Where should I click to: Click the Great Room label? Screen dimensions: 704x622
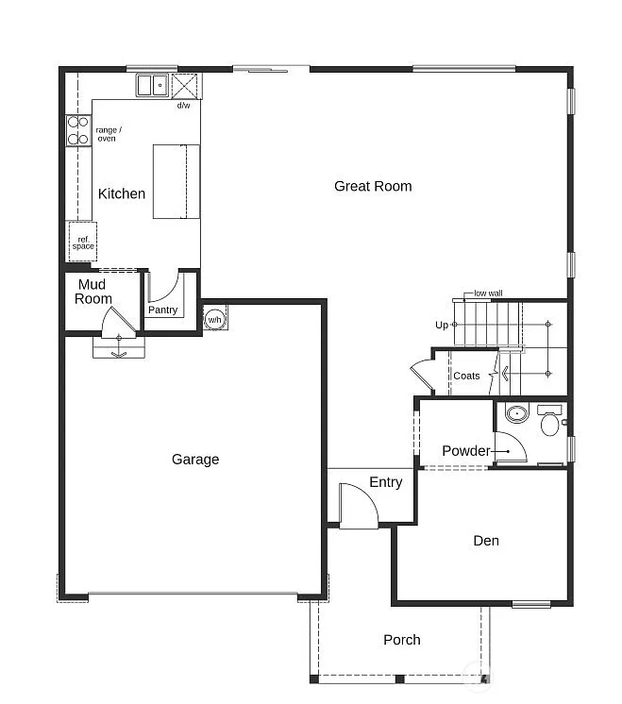point(373,186)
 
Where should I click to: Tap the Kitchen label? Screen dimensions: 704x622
point(122,193)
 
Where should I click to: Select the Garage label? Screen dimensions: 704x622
point(195,460)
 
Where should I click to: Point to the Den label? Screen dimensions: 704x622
point(486,541)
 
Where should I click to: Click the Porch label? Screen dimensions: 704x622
point(402,640)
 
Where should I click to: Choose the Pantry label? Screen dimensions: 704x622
point(162,310)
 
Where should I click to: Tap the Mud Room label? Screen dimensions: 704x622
point(93,292)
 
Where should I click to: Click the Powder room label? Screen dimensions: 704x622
point(465,451)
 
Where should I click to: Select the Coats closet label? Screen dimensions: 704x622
point(466,376)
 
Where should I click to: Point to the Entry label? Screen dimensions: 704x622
point(385,482)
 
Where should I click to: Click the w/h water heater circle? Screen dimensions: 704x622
point(214,319)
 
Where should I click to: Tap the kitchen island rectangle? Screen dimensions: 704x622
point(177,181)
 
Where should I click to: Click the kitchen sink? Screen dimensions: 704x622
point(151,86)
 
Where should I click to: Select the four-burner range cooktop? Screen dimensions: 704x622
point(77,130)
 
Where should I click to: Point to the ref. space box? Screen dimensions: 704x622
point(83,243)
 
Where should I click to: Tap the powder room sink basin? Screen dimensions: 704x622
point(516,413)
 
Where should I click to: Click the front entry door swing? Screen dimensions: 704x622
point(358,505)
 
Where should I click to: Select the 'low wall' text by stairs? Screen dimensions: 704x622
point(488,293)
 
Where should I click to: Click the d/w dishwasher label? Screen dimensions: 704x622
point(183,106)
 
